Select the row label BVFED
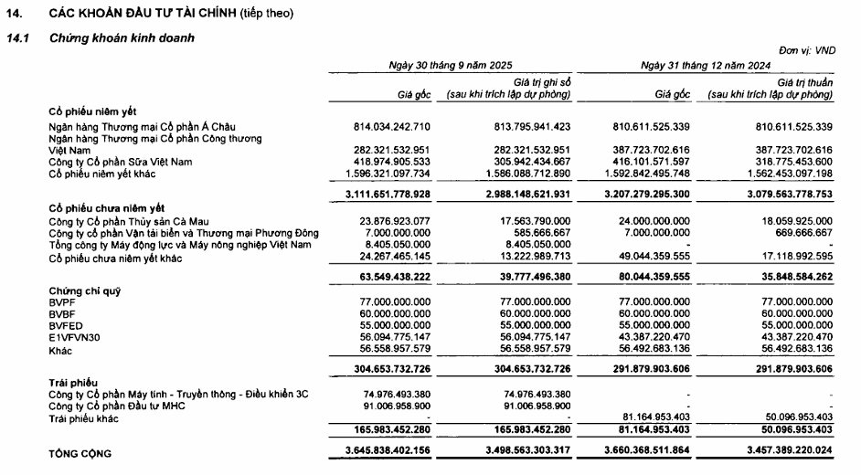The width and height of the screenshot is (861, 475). pyautogui.click(x=65, y=324)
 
